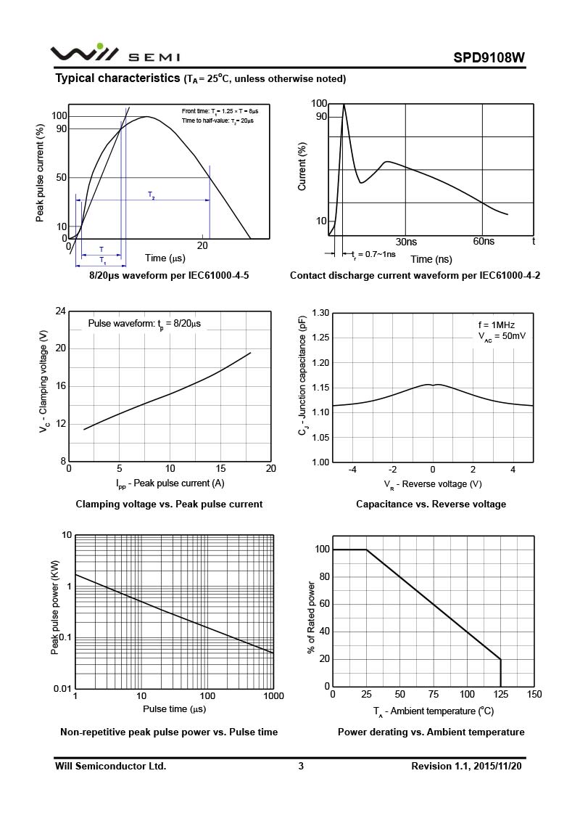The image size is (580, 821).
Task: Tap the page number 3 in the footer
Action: [x=301, y=766]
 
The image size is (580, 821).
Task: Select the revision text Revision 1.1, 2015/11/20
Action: [x=465, y=766]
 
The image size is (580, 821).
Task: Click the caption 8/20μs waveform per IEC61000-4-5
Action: [x=169, y=276]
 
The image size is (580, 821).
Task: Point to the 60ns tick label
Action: [x=484, y=242]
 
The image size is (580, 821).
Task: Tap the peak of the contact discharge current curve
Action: [x=344, y=105]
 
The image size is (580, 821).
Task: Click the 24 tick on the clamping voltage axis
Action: [x=61, y=311]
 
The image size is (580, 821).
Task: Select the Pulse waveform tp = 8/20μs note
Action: [x=144, y=324]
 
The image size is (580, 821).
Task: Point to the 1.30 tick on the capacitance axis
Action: [x=320, y=313]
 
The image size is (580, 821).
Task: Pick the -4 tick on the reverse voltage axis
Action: [x=353, y=470]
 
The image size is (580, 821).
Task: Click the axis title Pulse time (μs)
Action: [x=174, y=708]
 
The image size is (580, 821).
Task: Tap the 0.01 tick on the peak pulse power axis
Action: [x=62, y=688]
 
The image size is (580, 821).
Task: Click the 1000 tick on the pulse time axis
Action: [x=273, y=696]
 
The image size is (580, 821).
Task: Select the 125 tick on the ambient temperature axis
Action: [x=501, y=695]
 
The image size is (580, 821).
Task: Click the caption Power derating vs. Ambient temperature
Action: [x=431, y=732]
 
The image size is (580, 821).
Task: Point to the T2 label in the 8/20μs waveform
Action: [x=152, y=195]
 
